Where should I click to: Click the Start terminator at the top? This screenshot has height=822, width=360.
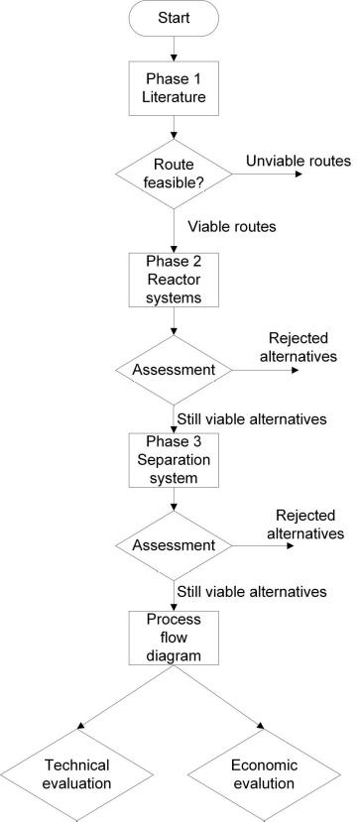[175, 19]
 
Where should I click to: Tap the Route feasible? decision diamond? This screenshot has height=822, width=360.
[175, 175]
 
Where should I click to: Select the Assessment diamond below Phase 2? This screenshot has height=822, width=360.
[175, 369]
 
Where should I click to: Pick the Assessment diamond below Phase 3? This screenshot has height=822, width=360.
[175, 544]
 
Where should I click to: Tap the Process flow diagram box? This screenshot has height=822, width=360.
[175, 638]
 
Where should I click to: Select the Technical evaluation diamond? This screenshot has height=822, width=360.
[76, 773]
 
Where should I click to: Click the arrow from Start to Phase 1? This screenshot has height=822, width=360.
[175, 48]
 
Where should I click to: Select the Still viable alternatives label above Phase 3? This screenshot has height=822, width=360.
[252, 418]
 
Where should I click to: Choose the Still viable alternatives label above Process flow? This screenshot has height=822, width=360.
[252, 592]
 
